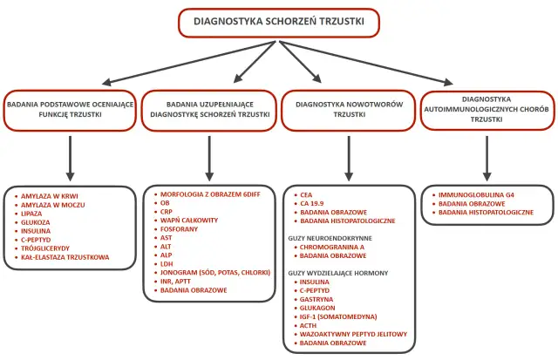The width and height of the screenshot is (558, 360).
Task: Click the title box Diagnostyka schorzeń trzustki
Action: [279, 22]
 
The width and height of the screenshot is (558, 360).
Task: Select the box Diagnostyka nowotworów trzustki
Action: [350, 108]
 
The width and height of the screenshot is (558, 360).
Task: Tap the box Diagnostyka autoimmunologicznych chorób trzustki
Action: [487, 109]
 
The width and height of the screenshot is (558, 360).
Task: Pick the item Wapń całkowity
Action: [189, 221]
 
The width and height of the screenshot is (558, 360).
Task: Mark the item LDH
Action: [167, 262]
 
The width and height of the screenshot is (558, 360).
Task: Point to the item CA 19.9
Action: [311, 203]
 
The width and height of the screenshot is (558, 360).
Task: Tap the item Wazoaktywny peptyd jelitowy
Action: [349, 333]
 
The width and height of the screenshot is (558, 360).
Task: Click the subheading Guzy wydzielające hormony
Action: [338, 273]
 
